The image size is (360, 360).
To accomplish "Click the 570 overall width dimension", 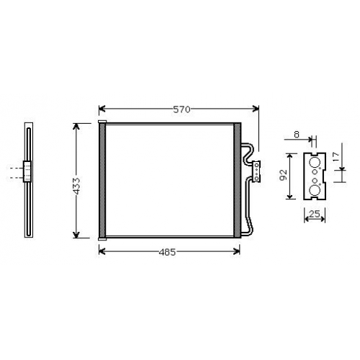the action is [x=181, y=109].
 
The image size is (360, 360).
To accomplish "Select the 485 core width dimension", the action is [x=167, y=252].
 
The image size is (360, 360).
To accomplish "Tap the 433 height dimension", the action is [x=77, y=186].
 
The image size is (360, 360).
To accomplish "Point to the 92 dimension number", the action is [x=284, y=175].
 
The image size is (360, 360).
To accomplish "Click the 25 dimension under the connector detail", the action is [x=315, y=213].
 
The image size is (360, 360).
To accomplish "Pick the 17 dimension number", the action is [x=336, y=157].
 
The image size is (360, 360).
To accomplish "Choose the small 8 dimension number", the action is [x=297, y=135].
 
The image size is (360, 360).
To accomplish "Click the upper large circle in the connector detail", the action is [x=315, y=163].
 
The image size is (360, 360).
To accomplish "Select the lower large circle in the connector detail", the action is [x=315, y=190].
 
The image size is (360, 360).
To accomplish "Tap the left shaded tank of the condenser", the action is [x=102, y=180].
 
